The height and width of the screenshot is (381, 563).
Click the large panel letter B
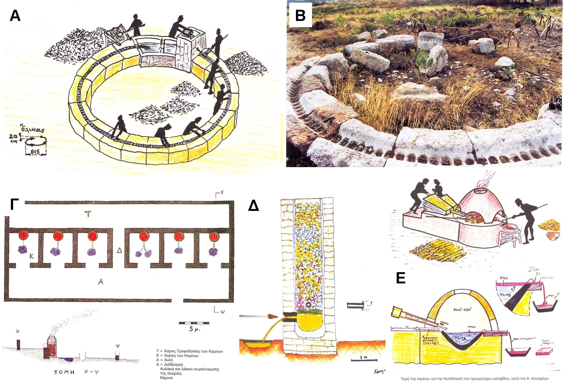click(300, 16)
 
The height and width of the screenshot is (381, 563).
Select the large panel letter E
click(400, 278)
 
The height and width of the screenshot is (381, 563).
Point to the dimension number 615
click(36, 151)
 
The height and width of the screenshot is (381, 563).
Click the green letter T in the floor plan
click(88, 214)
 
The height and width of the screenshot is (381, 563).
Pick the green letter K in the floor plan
click(32, 256)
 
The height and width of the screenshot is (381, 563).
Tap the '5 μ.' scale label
click(194, 329)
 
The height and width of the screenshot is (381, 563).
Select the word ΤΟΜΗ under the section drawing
click(64, 372)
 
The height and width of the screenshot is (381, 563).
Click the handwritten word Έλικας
click(33, 129)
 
